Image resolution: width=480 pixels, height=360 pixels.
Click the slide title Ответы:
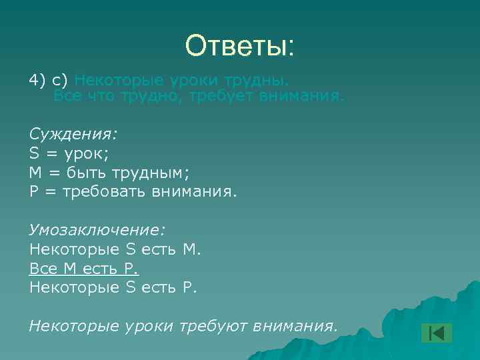point(239,47)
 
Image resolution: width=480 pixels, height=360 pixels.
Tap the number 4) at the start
point(37,81)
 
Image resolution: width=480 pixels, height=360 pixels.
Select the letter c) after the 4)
point(61,81)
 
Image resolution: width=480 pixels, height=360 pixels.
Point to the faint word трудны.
point(261,81)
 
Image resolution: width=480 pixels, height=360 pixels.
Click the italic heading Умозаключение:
point(97,230)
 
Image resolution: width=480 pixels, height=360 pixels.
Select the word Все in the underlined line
point(43,269)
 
